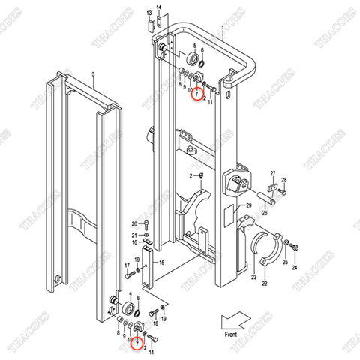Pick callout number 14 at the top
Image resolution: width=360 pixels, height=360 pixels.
pos(158,7)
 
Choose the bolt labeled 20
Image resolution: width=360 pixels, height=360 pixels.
pos(146,224)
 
